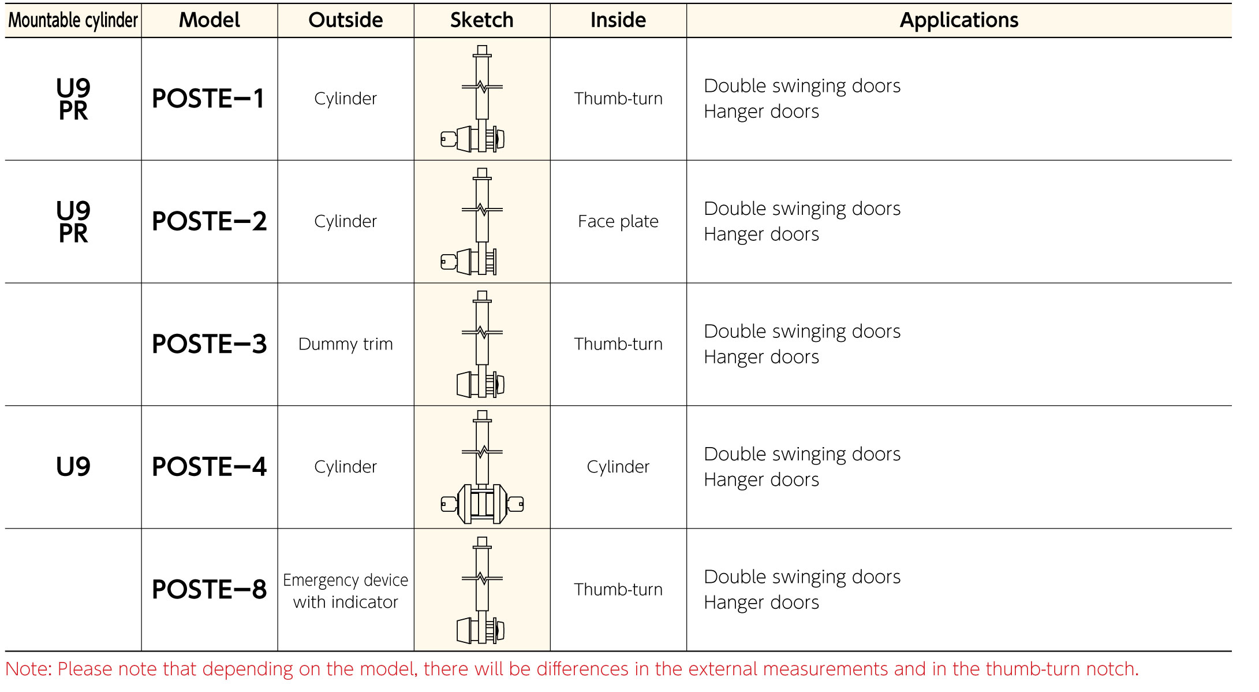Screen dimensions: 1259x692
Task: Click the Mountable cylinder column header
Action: pos(73,21)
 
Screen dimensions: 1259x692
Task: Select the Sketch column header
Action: pos(482,20)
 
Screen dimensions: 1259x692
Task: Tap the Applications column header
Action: pos(959,21)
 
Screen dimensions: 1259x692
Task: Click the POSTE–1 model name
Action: pos(208,99)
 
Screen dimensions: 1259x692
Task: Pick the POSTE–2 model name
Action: pos(209,221)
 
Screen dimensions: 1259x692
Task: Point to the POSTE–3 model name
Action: pos(209,344)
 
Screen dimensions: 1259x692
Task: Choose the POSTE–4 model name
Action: pos(209,467)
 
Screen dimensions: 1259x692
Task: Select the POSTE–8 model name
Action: pos(209,590)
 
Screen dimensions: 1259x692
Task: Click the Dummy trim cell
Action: pos(346,345)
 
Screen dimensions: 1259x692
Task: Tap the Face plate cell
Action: pos(618,222)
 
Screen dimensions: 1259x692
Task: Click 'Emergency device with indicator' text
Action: pos(346,591)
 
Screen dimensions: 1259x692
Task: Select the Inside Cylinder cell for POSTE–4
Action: pos(618,467)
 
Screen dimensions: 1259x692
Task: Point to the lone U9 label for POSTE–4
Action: pos(73,467)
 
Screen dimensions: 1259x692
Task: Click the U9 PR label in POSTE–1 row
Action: pos(73,99)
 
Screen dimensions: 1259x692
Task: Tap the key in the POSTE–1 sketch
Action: pos(449,139)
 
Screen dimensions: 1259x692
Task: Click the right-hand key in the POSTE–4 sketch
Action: pos(515,504)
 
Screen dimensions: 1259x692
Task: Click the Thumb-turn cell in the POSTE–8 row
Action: pos(618,590)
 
